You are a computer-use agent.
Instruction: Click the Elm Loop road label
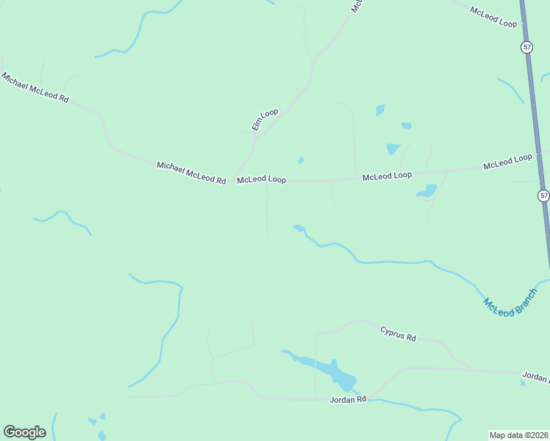265,119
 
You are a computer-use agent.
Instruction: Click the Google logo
24,432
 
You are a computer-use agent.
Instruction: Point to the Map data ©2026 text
518,435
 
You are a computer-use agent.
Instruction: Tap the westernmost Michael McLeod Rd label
35,87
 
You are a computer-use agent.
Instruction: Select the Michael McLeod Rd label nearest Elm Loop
190,173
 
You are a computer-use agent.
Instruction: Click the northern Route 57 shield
526,47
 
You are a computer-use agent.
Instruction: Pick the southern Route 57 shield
543,196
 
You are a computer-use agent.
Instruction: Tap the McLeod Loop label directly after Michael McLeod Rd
261,179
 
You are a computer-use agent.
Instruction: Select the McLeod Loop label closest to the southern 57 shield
507,162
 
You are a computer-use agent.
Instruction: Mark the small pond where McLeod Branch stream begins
299,228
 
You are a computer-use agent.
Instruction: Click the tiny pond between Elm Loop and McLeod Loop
301,160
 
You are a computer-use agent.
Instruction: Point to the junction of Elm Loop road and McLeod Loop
235,179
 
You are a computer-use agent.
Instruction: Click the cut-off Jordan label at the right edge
535,378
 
